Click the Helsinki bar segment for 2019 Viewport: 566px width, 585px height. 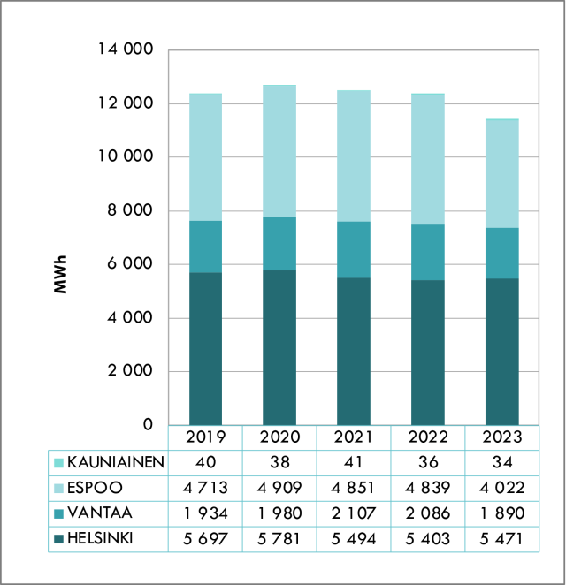coord(205,348)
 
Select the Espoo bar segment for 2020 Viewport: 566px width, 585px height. coord(279,151)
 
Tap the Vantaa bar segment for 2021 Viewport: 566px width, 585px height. coord(354,249)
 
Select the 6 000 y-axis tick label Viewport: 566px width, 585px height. coord(128,264)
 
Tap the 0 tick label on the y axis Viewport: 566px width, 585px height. coord(149,425)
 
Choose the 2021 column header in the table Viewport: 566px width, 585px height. coord(354,437)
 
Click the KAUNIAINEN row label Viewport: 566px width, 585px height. coord(116,461)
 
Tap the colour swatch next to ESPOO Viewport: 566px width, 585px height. coord(59,487)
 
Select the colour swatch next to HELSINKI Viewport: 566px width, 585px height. coord(59,538)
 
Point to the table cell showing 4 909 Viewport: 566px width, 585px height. coord(279,487)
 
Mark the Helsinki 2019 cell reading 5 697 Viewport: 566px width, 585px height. coord(205,538)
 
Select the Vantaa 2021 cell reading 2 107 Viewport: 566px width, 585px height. coord(354,513)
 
